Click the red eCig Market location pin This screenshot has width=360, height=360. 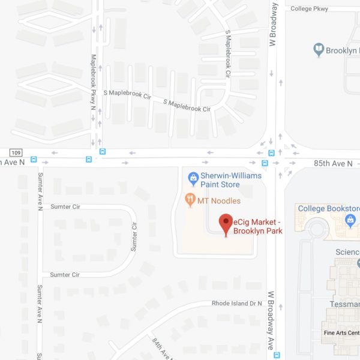226,223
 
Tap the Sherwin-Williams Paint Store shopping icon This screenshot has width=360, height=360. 193,178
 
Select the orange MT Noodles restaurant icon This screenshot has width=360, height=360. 191,200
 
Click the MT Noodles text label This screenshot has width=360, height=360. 220,200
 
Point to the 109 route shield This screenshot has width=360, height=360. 16,152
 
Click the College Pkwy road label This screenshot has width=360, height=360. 311,8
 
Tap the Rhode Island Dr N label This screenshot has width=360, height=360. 237,304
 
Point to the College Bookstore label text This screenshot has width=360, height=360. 329,209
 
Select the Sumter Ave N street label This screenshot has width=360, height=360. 40,191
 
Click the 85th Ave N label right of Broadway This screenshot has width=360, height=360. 333,163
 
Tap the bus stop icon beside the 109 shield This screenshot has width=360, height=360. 34,160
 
